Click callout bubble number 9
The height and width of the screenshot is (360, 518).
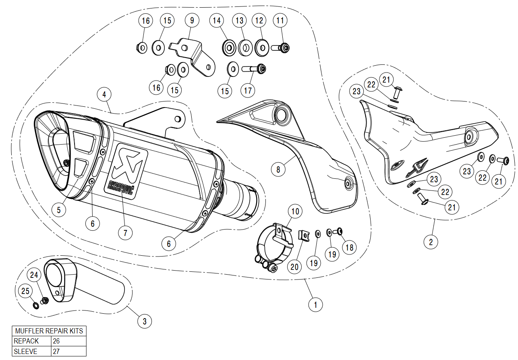point(192,20)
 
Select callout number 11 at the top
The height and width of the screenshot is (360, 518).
point(280,20)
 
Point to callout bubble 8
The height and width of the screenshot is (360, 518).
point(278,169)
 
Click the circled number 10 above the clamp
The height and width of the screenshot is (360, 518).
point(296,211)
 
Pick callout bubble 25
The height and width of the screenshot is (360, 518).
point(26,291)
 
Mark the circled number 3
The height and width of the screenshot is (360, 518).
point(145,321)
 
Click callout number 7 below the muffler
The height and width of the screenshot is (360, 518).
point(125,233)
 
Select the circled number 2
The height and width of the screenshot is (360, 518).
point(431,242)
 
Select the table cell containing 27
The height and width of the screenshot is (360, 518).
point(69,352)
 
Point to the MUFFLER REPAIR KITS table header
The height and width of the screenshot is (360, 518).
point(49,331)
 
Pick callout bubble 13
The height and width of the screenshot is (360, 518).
point(240,20)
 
